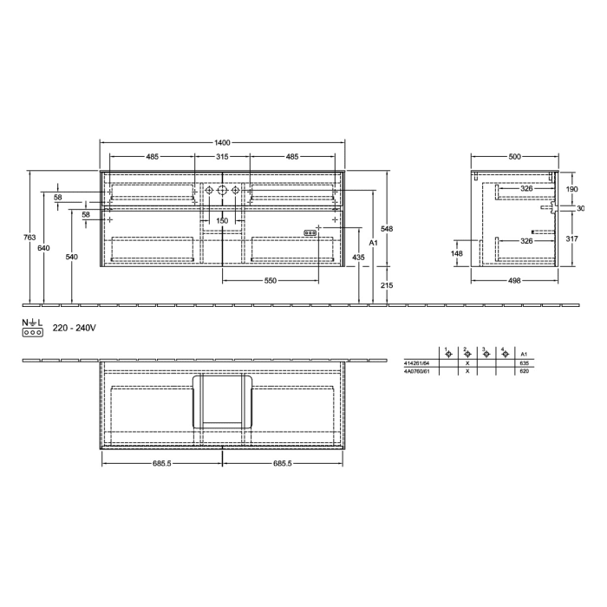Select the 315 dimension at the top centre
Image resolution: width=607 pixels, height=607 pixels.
(222, 157)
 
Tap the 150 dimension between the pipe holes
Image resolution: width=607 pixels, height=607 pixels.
(222, 220)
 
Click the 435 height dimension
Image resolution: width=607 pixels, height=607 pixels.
(358, 258)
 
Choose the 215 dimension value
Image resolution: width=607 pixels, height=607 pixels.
(388, 285)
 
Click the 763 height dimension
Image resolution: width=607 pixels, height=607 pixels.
(29, 237)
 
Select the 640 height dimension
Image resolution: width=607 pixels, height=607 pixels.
(44, 248)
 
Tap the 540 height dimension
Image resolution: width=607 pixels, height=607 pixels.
(72, 258)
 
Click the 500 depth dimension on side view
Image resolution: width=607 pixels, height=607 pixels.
(514, 157)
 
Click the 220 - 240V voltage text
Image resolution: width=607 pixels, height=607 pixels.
(73, 329)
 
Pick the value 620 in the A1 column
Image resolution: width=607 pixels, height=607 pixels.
(523, 371)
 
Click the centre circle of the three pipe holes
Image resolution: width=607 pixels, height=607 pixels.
(222, 190)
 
